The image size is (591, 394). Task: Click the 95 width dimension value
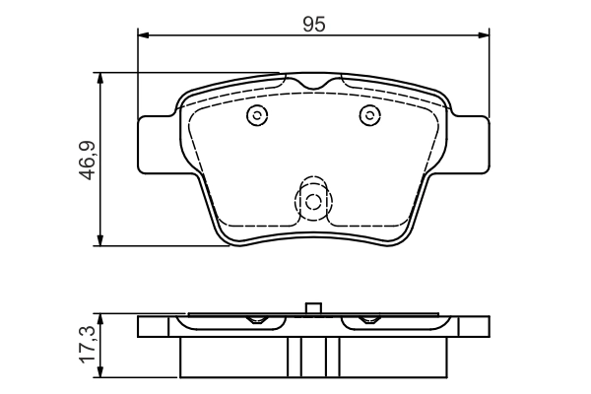click(313, 25)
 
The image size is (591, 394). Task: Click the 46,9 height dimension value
click(88, 161)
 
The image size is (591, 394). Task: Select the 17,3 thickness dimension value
click(88, 345)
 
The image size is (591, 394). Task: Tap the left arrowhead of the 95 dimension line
click(144, 35)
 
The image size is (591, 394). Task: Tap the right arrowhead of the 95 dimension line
click(484, 35)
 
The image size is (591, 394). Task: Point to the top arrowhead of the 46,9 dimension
click(99, 79)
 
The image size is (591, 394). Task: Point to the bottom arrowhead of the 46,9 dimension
click(99, 240)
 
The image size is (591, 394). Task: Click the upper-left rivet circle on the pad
click(257, 115)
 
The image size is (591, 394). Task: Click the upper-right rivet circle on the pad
click(369, 115)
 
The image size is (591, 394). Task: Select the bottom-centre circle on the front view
click(313, 202)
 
